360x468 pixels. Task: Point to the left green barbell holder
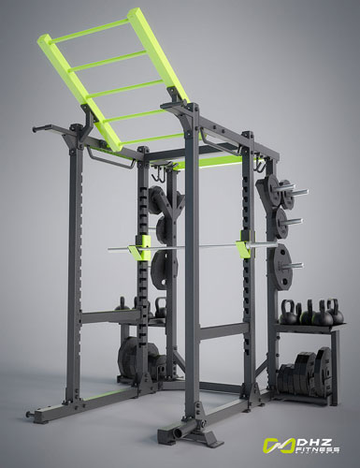tap(144, 248)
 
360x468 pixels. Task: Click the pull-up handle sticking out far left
tap(40, 128)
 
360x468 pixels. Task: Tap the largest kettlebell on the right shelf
tap(323, 314)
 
